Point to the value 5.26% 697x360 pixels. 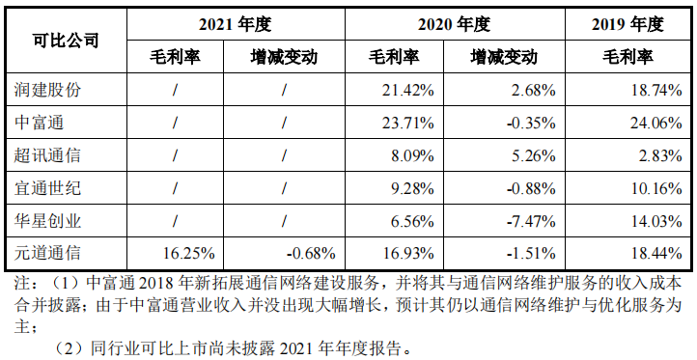pos(533,156)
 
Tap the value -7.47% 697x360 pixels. pos(529,222)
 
